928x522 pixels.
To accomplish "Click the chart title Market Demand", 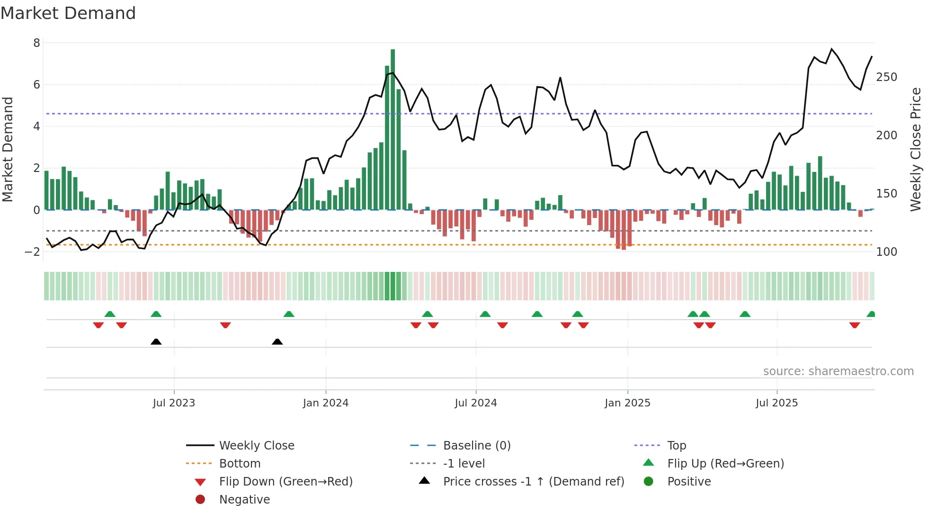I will pos(68,13).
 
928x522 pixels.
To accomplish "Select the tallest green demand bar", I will pos(393,128).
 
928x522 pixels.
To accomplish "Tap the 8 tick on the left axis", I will pos(36,43).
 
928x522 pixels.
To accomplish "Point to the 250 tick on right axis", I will pos(886,77).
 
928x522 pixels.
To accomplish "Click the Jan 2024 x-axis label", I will pos(326,403).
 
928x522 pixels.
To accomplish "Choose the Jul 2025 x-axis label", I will pos(776,403).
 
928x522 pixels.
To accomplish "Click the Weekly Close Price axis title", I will pos(916,149).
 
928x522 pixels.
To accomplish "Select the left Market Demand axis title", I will pos(8,149).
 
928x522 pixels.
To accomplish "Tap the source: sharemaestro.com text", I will pos(838,371).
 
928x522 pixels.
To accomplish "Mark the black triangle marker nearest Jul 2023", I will pos(156,342).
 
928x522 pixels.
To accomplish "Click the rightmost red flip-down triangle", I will pos(855,325).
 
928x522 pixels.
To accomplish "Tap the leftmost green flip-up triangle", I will pos(110,314).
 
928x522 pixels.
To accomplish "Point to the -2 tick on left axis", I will pos(32,252).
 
